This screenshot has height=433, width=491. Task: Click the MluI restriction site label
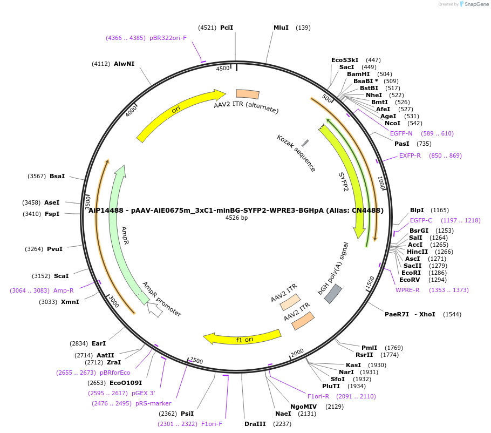pyautogui.click(x=281, y=28)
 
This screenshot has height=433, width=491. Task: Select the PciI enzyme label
pyautogui.click(x=227, y=28)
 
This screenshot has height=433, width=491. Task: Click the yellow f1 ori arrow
pyautogui.click(x=243, y=337)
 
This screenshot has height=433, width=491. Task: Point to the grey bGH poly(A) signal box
pyautogui.click(x=333, y=293)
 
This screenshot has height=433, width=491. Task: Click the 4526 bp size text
pyautogui.click(x=236, y=218)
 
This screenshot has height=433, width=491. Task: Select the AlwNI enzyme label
pyautogui.click(x=124, y=64)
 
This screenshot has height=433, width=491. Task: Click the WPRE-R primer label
pyautogui.click(x=407, y=290)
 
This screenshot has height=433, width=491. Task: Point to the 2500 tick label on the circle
pyautogui.click(x=196, y=360)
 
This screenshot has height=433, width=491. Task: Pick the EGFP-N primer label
pyautogui.click(x=401, y=133)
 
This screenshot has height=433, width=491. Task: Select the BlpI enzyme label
pyautogui.click(x=417, y=210)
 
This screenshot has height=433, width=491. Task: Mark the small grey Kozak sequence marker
pyautogui.click(x=305, y=143)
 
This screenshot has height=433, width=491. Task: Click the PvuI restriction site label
pyautogui.click(x=55, y=249)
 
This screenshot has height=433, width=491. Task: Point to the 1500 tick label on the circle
pyautogui.click(x=370, y=282)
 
